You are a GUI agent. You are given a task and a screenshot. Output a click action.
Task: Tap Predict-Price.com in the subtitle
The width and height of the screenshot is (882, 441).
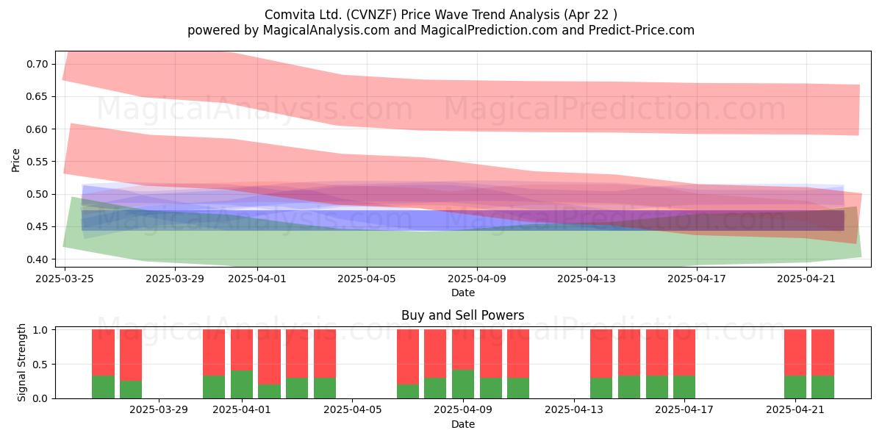click(x=642, y=30)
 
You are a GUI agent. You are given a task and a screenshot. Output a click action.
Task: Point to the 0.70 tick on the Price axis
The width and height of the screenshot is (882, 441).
click(x=37, y=64)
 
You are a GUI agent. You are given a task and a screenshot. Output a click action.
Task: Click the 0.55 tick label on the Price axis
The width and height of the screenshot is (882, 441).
click(x=37, y=162)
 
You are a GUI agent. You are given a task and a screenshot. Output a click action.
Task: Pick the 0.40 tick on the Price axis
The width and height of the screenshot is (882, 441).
click(x=37, y=259)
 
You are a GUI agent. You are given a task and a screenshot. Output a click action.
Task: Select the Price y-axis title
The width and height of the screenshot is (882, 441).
click(x=15, y=160)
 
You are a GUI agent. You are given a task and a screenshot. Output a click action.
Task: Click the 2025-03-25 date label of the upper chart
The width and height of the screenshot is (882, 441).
click(x=65, y=279)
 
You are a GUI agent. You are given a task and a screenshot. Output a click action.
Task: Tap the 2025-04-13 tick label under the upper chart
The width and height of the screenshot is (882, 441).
click(x=587, y=279)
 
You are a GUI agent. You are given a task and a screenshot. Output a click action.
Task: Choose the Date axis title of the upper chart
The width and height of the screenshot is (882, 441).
click(x=462, y=293)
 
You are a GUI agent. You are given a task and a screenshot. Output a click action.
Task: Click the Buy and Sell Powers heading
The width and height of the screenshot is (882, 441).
click(x=462, y=315)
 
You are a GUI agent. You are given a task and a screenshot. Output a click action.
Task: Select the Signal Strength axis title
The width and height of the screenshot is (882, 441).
click(x=21, y=362)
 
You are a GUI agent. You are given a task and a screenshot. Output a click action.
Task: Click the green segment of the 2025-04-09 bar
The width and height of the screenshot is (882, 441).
click(x=462, y=384)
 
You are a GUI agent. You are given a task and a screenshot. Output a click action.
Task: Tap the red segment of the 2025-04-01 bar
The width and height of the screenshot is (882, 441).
click(x=241, y=350)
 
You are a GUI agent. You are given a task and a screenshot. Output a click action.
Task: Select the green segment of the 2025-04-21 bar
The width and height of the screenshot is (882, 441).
click(x=795, y=387)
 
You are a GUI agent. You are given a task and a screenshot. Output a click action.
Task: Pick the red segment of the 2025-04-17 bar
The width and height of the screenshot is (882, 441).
click(x=684, y=352)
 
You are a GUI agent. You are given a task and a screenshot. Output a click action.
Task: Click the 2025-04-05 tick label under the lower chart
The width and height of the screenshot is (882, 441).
click(x=352, y=410)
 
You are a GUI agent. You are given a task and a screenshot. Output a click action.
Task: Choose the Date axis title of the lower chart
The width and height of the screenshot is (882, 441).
click(x=462, y=424)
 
